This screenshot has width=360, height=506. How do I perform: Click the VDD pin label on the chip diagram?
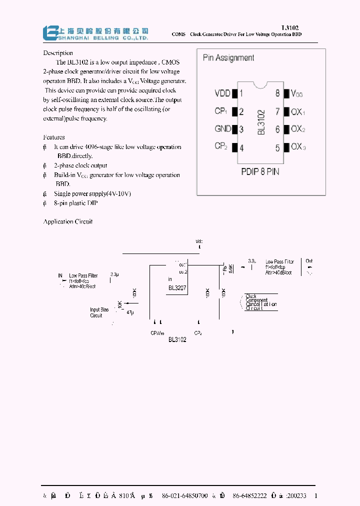[x=222, y=93]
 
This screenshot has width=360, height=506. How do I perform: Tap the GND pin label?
[x=222, y=129]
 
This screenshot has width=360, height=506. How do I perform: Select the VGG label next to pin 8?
[x=296, y=93]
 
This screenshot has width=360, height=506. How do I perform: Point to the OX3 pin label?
[x=298, y=147]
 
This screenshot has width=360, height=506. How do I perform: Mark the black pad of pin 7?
[x=286, y=111]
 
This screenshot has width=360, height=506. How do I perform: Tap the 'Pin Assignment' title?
[x=228, y=58]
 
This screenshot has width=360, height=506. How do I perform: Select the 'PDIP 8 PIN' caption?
[x=260, y=171]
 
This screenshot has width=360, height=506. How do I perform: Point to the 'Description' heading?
[x=58, y=53]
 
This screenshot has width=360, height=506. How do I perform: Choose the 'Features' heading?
[x=54, y=137]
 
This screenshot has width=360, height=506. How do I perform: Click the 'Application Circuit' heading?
[x=68, y=221]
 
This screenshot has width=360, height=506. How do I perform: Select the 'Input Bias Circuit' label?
[x=99, y=312]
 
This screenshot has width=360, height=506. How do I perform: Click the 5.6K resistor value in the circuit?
[x=230, y=268]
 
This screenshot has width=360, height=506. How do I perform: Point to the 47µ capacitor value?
[x=129, y=312]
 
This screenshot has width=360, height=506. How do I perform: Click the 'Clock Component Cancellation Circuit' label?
[x=261, y=302]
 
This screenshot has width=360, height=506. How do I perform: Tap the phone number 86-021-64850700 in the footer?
[x=185, y=495]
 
